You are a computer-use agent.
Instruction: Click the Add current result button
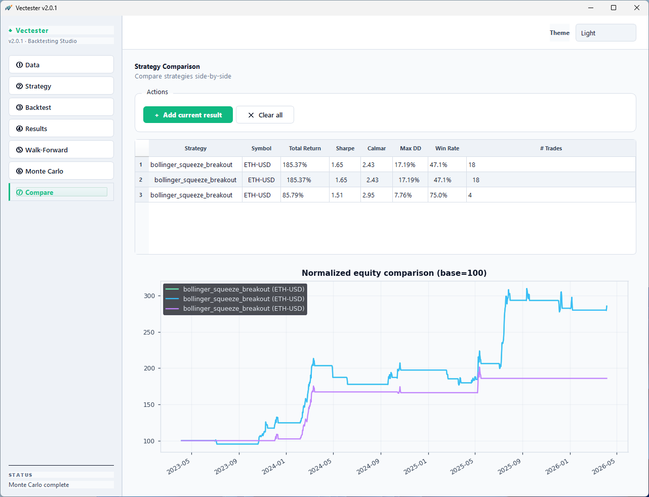188,115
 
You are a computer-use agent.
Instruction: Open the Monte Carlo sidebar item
61,171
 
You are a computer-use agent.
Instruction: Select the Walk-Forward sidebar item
61,150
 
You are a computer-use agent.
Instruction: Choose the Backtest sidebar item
61,107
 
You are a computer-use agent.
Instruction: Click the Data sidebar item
61,65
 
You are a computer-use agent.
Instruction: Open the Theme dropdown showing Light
605,33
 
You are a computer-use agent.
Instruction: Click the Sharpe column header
345,148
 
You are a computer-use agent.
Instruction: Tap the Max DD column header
410,148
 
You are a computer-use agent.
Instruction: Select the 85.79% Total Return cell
304,195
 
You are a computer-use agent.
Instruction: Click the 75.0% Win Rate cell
447,195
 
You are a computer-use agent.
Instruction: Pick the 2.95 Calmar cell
376,195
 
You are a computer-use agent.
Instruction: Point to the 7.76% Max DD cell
410,195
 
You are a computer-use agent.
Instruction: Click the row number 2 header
141,180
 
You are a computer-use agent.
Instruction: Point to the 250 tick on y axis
149,333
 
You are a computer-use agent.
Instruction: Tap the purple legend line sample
172,309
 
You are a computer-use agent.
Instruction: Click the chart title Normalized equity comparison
394,273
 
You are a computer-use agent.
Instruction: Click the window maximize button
614,8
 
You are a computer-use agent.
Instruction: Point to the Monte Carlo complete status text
39,485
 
